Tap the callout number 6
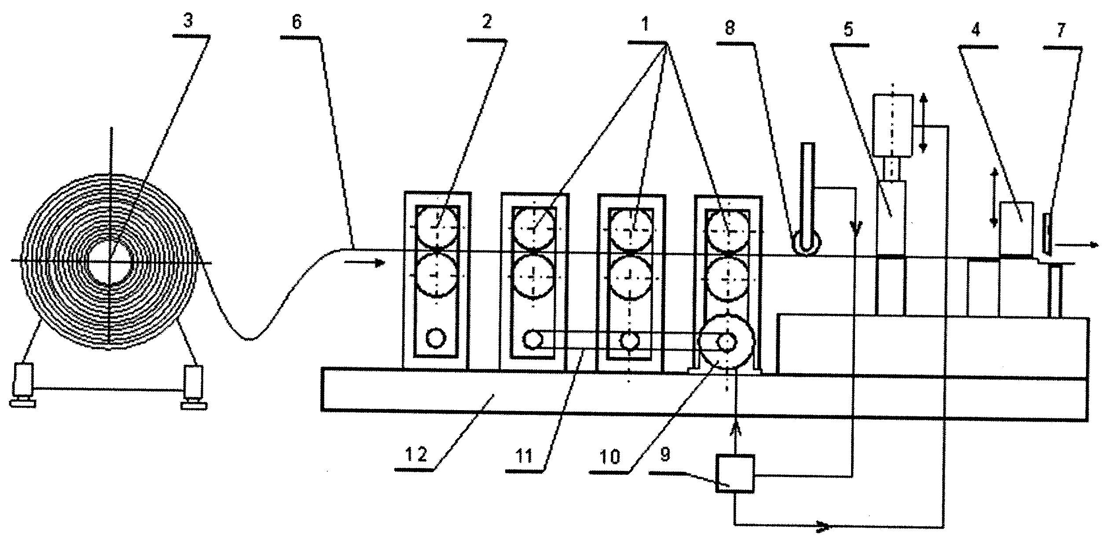point(297,22)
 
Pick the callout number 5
point(848,29)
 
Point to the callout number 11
point(524,456)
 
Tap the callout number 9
point(665,455)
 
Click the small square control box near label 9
point(734,473)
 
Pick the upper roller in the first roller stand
point(437,228)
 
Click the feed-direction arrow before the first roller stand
point(365,263)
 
